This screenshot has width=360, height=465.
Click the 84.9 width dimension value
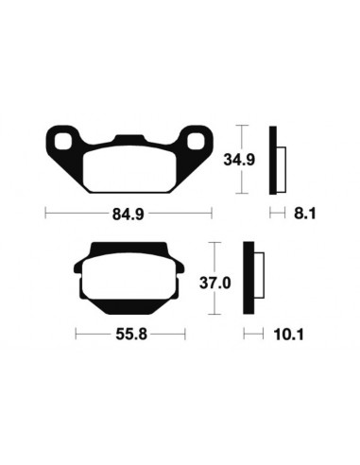pyautogui.click(x=128, y=215)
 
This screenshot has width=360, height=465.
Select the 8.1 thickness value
pyautogui.click(x=303, y=215)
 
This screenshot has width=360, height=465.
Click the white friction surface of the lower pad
pyautogui.click(x=130, y=281)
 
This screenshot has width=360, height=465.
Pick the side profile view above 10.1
pyautogui.click(x=250, y=280)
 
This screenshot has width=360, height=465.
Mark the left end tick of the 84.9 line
pyautogui.click(x=45, y=215)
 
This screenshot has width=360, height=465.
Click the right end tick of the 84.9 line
pyautogui.click(x=213, y=215)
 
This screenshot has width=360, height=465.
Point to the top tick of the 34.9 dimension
pyautogui.click(x=243, y=125)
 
